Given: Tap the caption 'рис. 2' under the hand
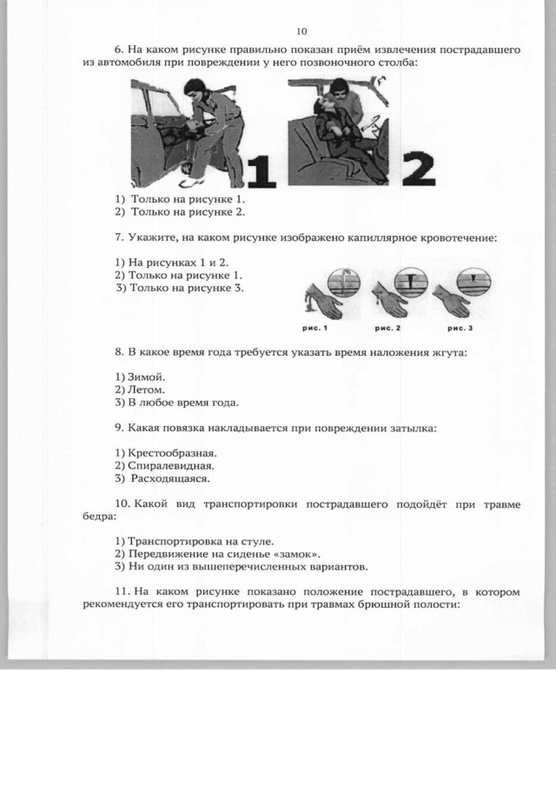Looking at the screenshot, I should click(x=387, y=328).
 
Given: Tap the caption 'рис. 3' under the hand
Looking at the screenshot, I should click(x=460, y=328).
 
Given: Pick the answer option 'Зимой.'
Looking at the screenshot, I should click(x=140, y=377).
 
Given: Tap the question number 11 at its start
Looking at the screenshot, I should click(x=122, y=592).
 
